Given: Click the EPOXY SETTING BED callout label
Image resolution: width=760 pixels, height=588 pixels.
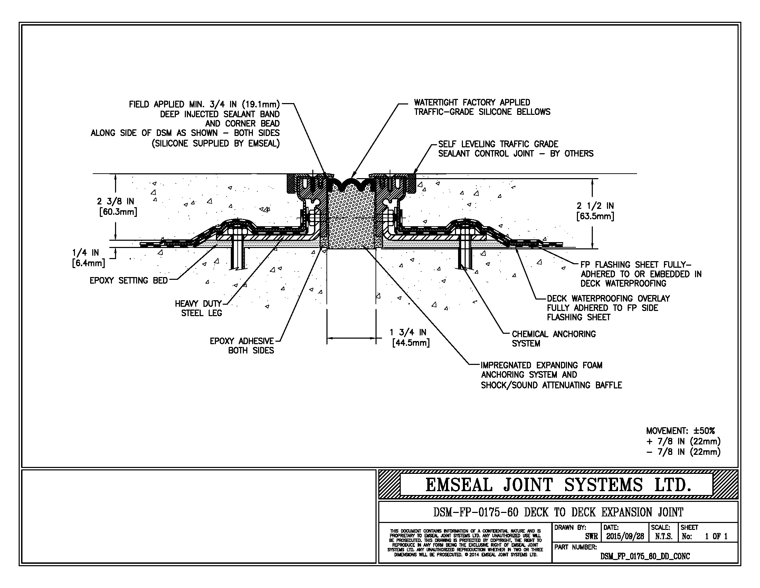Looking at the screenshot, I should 129,281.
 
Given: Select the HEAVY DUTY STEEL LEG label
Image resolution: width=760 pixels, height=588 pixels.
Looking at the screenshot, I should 198,308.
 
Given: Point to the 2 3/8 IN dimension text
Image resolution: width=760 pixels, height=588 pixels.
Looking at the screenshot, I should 116,206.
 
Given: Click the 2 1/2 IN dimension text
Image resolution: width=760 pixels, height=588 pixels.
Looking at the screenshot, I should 595,211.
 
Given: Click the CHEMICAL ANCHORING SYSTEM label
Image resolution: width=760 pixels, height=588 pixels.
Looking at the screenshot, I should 553,339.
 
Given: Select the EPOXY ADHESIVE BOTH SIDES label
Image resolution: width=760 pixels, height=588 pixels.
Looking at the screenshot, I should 243,346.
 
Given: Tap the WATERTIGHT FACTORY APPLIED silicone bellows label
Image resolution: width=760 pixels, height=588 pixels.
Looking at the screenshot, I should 482,107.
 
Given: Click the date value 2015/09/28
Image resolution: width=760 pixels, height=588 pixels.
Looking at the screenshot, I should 625,536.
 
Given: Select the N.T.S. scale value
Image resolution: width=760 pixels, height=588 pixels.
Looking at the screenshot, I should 664,536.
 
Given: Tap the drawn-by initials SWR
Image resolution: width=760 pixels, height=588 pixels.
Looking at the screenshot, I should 591,536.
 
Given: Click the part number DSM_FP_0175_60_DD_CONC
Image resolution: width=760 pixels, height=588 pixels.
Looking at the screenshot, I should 645,556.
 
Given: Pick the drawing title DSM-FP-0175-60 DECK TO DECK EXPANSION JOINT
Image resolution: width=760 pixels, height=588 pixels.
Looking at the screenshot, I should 558,512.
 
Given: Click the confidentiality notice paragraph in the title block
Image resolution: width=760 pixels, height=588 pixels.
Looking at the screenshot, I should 465,543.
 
